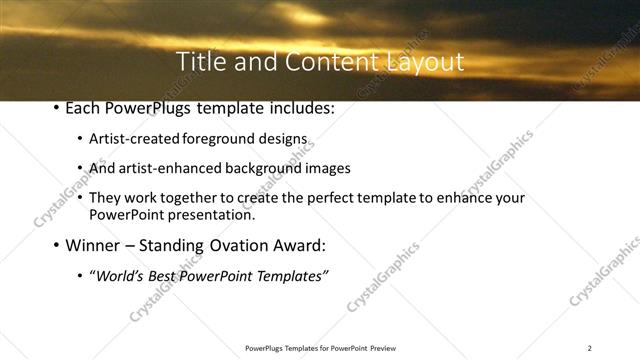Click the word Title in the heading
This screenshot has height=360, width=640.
200,62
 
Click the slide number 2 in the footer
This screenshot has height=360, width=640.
589,348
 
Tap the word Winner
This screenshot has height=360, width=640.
96,245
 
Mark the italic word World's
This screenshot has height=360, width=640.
120,275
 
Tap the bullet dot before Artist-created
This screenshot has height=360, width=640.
80,141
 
